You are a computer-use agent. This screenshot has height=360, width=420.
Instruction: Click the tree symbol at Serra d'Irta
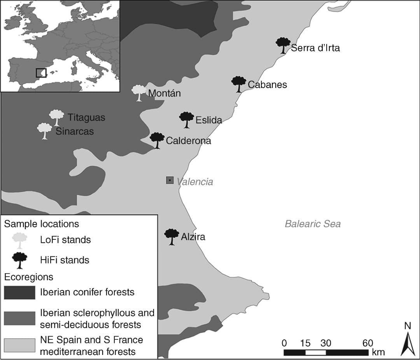[x=283, y=45]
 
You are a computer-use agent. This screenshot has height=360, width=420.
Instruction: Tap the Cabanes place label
[x=267, y=84]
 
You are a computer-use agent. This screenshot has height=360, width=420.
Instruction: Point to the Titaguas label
[x=86, y=117]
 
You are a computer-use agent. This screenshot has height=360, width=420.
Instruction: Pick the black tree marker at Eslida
[x=187, y=119]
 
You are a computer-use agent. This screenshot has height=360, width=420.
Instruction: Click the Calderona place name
[x=188, y=141]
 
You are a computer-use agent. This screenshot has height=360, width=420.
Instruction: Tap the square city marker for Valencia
[x=170, y=180]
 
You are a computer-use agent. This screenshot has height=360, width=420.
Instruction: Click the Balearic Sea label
[x=313, y=224]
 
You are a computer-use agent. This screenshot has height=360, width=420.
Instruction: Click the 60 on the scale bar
[x=367, y=343]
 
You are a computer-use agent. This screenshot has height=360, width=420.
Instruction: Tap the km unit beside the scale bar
[x=378, y=353]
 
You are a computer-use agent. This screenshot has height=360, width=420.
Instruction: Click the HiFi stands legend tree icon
[x=19, y=260]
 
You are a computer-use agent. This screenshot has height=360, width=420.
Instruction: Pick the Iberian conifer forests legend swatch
[x=19, y=292]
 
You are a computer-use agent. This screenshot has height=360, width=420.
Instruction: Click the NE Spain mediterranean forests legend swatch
[x=19, y=346]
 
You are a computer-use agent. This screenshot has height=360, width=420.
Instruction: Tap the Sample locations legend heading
[x=42, y=224]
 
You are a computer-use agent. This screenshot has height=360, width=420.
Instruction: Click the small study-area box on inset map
[x=41, y=73]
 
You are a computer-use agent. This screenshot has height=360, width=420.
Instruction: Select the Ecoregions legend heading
[x=29, y=277]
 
